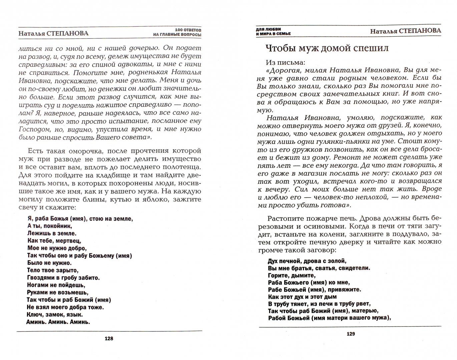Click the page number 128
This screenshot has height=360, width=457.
click(x=109, y=338)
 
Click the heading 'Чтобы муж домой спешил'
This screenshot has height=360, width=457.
click(x=327, y=48)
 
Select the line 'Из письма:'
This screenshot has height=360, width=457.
click(x=286, y=62)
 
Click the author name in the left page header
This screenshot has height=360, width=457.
click(x=53, y=33)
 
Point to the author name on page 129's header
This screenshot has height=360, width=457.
click(x=405, y=31)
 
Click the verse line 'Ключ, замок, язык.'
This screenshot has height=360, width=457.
click(x=55, y=314)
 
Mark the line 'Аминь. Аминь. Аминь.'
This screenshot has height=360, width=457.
click(x=58, y=322)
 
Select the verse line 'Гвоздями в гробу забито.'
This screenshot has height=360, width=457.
click(x=63, y=278)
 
